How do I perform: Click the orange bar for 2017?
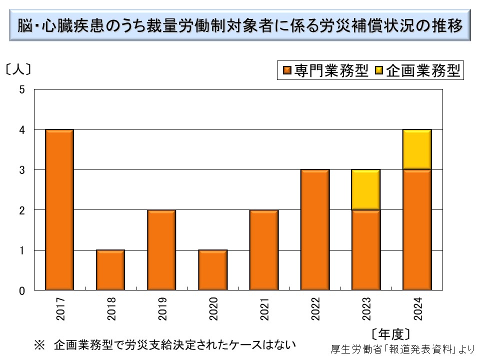pyautogui.click(x=59, y=210)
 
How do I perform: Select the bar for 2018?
pyautogui.click(x=110, y=270)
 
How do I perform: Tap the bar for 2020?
pyautogui.click(x=212, y=270)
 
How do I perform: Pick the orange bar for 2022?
pyautogui.click(x=315, y=230)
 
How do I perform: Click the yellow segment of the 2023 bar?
pyautogui.click(x=366, y=190)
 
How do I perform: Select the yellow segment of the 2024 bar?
pyautogui.click(x=417, y=149)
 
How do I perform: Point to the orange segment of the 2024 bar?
pyautogui.click(x=417, y=230)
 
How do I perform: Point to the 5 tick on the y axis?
pyautogui.click(x=21, y=89)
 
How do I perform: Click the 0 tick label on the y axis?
pyautogui.click(x=21, y=290)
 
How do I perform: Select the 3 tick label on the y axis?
pyautogui.click(x=21, y=170)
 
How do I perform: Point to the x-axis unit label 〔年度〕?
pyautogui.click(x=391, y=333)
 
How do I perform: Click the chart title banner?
pyautogui.click(x=239, y=24)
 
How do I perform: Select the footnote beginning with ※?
pyautogui.click(x=165, y=344)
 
